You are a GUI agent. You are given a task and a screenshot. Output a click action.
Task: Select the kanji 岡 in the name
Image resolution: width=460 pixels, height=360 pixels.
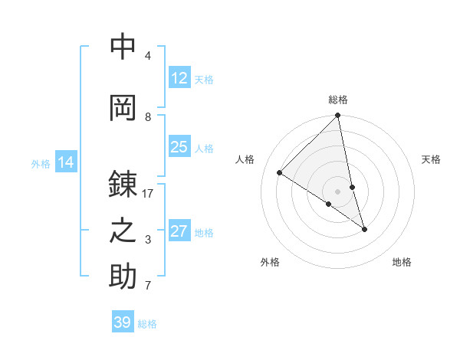coord(123,107)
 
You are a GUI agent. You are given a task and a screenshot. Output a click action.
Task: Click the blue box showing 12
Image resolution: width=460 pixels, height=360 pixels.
coord(179,78)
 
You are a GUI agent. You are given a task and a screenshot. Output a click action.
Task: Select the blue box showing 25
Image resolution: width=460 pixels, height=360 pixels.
coord(179,147)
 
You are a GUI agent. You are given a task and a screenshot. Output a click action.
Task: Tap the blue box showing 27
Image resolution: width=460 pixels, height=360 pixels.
coord(179,231)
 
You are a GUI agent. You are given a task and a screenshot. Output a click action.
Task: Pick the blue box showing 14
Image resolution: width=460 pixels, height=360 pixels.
coord(66,162)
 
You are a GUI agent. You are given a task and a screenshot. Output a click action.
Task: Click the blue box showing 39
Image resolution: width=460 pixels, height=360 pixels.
coord(123,322)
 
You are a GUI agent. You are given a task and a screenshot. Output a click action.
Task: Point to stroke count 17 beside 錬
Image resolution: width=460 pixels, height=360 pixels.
coord(148,194)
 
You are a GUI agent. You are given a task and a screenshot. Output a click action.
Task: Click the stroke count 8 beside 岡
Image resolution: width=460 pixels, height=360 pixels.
coord(148,116)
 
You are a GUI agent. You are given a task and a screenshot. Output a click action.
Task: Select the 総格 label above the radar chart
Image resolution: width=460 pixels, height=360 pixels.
coord(338,100)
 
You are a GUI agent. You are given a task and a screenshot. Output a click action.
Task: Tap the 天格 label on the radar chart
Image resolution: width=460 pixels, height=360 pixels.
coord(431,159)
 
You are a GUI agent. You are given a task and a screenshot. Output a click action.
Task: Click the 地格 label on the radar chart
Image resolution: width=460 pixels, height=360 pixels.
coord(402,262)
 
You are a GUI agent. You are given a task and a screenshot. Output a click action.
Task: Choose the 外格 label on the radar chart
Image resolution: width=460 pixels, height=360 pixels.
coord(270,262)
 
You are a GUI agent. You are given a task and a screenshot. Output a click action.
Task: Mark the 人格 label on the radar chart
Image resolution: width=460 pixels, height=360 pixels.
coord(245,159)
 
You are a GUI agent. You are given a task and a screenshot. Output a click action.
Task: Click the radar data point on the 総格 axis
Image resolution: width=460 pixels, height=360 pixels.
coord(338,116)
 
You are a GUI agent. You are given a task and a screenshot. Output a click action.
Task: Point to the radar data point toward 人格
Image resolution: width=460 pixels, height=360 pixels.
coord(280,173)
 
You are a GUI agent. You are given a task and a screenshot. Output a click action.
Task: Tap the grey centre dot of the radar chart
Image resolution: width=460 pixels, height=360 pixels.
coord(338,191)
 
